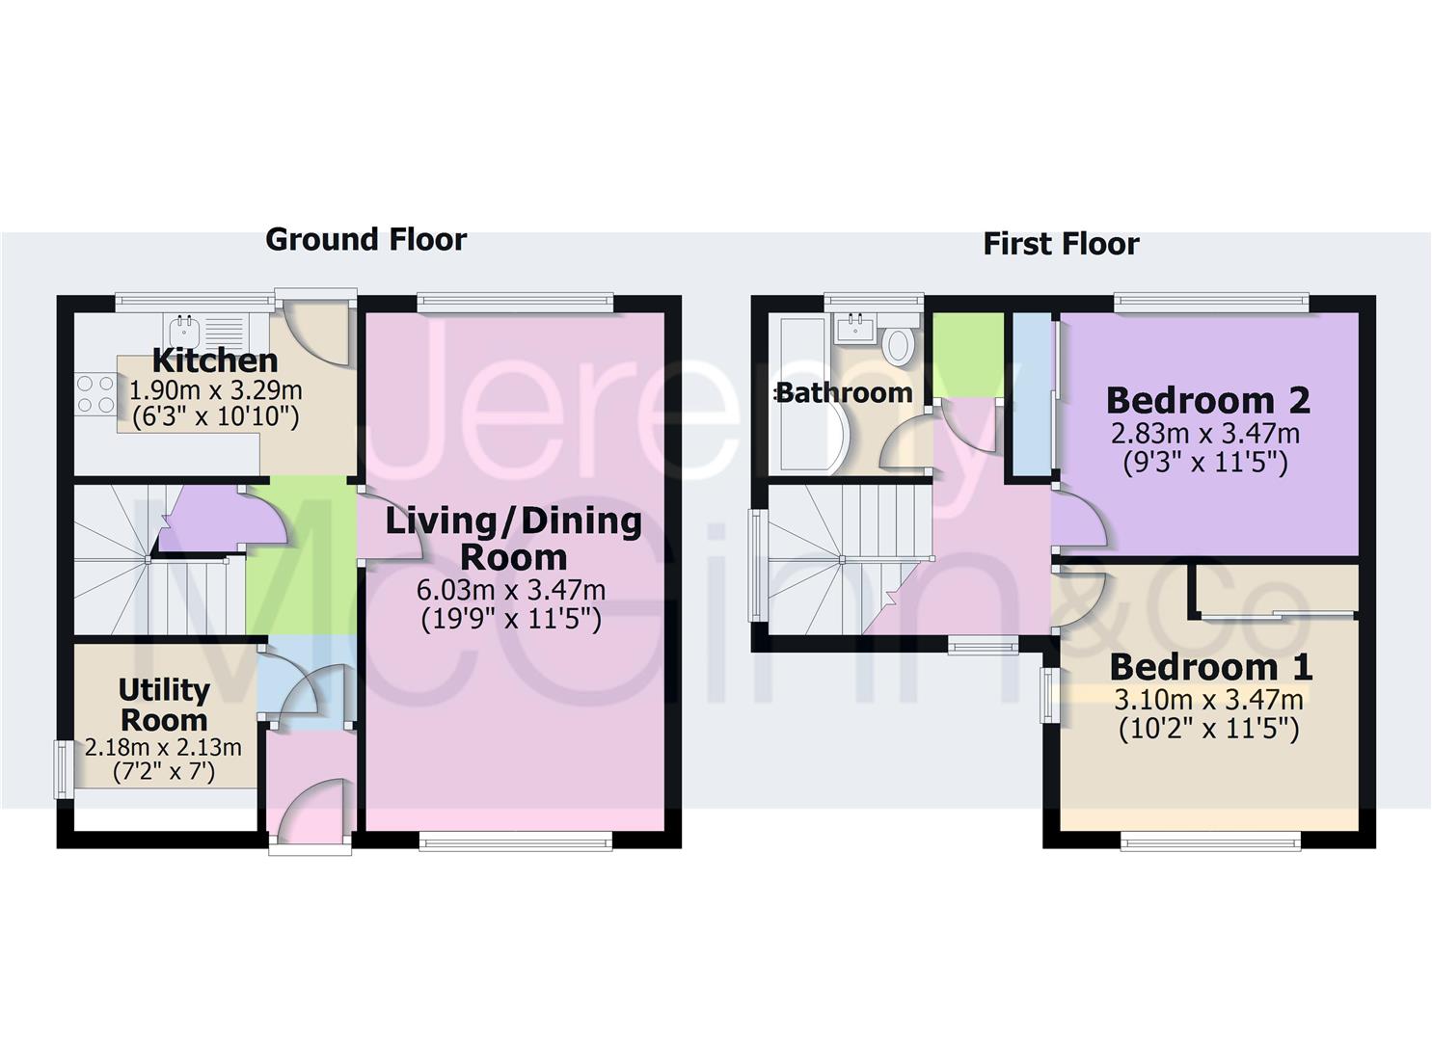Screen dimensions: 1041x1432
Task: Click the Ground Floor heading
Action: pyautogui.click(x=365, y=239)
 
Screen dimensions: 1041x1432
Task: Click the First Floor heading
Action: pyautogui.click(x=1061, y=244)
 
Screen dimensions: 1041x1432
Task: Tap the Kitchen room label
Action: pyautogui.click(x=215, y=360)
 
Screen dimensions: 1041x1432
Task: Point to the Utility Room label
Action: pyautogui.click(x=163, y=705)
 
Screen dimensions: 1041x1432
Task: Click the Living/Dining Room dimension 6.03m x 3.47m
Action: pyautogui.click(x=511, y=589)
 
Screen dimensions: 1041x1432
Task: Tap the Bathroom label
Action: pyautogui.click(x=844, y=393)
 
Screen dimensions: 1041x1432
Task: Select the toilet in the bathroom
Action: pyautogui.click(x=899, y=345)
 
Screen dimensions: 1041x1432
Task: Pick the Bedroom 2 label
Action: pyautogui.click(x=1207, y=399)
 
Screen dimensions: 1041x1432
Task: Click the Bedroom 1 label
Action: pyautogui.click(x=1210, y=666)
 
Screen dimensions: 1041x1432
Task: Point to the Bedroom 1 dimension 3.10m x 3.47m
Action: pyautogui.click(x=1208, y=699)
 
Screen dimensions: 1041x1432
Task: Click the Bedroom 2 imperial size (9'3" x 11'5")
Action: pyautogui.click(x=1205, y=463)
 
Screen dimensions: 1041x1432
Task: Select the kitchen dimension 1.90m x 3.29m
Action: pyautogui.click(x=215, y=390)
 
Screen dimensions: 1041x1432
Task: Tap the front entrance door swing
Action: pyautogui.click(x=313, y=810)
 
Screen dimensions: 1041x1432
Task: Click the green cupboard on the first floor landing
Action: pyautogui.click(x=966, y=354)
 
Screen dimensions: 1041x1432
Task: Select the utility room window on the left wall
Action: pyautogui.click(x=63, y=768)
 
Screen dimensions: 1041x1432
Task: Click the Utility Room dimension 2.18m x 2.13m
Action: pyautogui.click(x=163, y=747)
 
